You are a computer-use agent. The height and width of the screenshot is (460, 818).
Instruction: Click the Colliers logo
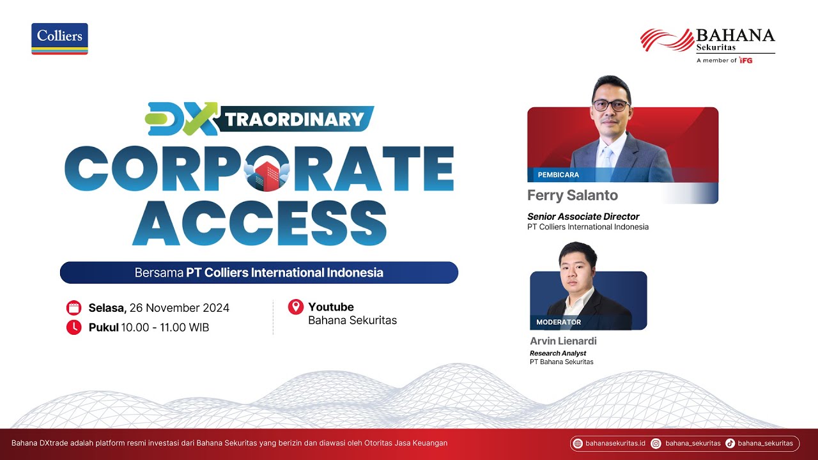(x=59, y=38)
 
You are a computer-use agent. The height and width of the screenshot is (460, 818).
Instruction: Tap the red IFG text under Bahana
(x=745, y=60)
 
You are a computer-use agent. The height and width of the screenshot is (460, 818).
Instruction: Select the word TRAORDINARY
(x=295, y=119)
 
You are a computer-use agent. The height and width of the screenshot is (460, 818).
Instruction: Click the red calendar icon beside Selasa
(x=74, y=308)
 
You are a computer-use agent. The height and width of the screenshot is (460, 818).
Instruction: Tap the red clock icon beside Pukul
(x=74, y=328)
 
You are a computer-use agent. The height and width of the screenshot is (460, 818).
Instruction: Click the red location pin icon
(x=295, y=307)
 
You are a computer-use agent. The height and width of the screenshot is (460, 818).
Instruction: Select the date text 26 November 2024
(x=179, y=308)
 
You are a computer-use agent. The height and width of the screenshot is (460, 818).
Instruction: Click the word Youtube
(x=331, y=307)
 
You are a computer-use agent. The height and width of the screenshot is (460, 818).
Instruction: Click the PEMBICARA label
(x=558, y=174)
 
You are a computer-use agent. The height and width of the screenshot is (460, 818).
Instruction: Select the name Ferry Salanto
(x=573, y=194)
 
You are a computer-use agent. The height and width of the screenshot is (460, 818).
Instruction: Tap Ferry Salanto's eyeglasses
(x=611, y=105)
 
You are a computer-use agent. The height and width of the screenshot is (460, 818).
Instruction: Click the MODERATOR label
(x=559, y=322)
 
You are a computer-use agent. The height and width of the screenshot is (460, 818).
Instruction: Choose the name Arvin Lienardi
(x=563, y=341)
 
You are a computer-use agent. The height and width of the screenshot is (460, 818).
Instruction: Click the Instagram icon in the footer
(x=656, y=443)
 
